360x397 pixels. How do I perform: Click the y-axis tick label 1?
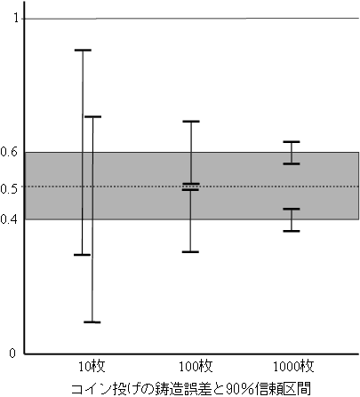coord(16,18)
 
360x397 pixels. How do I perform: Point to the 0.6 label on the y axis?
coord(9,152)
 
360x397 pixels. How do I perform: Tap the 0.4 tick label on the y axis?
coord(9,219)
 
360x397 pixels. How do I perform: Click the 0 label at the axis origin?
coord(12,353)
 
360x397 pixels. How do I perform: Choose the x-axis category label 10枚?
coord(92,367)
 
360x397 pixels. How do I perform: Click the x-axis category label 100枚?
coord(196,367)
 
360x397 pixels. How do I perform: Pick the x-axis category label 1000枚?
coord(293,367)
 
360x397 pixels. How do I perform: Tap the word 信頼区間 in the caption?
coord(284,388)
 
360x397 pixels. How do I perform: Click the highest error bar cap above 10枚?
coord(83,51)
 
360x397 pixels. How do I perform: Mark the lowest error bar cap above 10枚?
coord(92,322)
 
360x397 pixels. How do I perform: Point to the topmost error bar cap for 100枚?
coord(191,122)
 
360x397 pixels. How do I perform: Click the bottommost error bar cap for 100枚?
coord(190,252)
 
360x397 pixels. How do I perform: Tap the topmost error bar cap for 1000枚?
coord(292,142)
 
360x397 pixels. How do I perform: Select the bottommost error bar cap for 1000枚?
coord(292,231)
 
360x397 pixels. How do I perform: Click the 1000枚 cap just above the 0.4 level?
coord(292,209)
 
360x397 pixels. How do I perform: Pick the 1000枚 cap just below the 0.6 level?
coord(292,163)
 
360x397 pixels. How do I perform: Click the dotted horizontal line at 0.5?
coord(192,187)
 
